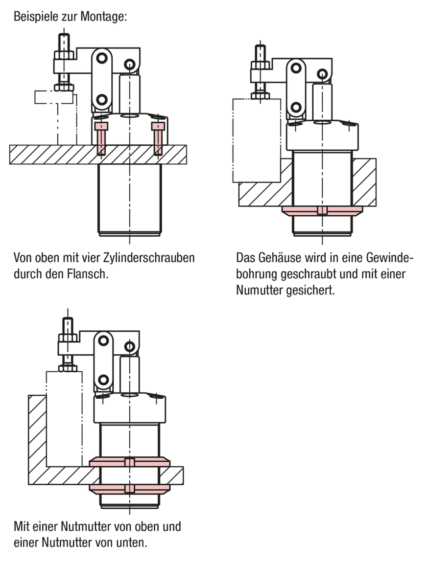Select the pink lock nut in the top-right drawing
pos(322,210)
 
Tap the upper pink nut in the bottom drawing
pos(130,462)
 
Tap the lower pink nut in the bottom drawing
pos(130,488)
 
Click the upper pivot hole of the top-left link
pos(102,58)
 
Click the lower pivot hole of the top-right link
pos(295,107)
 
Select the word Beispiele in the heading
pos(33,17)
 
